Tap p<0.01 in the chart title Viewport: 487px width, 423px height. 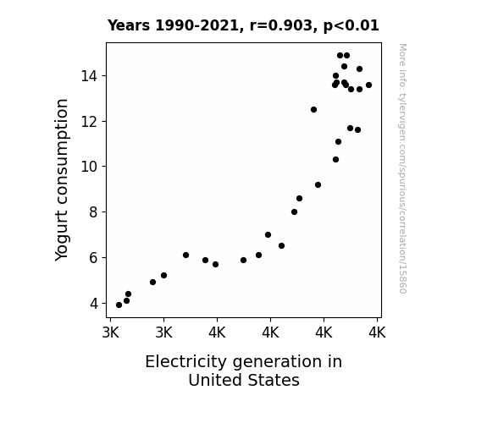click(351, 26)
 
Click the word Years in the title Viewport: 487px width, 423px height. click(129, 25)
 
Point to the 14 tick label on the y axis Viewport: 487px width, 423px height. click(90, 76)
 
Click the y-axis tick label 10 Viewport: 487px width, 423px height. click(90, 167)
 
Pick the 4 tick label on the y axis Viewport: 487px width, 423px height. click(94, 304)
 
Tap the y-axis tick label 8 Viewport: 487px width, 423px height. click(94, 212)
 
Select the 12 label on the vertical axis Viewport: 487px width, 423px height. click(90, 122)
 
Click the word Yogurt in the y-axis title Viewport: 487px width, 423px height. click(62, 236)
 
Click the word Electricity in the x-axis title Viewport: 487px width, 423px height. click(186, 362)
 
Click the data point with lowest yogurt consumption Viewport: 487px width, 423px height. click(119, 305)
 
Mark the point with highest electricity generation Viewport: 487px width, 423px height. click(368, 85)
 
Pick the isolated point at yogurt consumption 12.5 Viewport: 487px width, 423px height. click(313, 109)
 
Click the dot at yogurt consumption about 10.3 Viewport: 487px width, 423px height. click(335, 160)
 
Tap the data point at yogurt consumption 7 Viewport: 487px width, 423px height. click(268, 235)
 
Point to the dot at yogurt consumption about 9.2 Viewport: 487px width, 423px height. click(318, 185)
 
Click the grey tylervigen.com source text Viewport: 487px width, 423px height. click(402, 168)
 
